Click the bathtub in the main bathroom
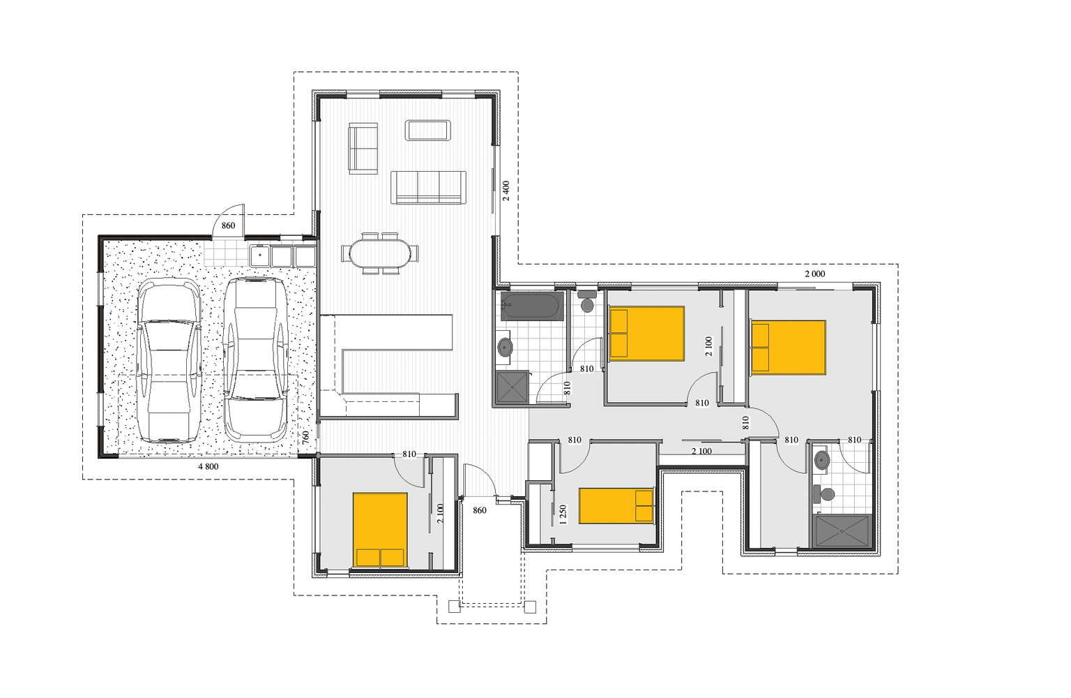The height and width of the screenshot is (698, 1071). point(532,306)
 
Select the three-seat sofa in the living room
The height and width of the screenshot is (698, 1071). point(427,187)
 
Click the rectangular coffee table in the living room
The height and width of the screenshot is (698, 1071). point(427,131)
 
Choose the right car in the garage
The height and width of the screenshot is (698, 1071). point(255,359)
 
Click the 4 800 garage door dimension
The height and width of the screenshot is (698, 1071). point(208,466)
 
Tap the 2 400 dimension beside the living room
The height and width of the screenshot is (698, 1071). point(506,191)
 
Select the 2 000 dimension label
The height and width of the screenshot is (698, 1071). point(814,274)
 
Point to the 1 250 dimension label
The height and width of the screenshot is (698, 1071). point(563,514)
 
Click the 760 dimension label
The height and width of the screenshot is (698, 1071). point(305,438)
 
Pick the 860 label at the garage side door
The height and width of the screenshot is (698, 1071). point(228,225)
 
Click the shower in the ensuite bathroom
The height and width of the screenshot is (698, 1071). point(842,531)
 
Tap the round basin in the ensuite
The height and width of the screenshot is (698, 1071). point(822,460)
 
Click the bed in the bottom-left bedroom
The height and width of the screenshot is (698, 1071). point(379,529)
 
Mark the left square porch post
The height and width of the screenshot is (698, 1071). point(454,607)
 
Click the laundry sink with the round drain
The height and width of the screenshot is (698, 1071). point(259,255)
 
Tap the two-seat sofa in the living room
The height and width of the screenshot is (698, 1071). point(363,148)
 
